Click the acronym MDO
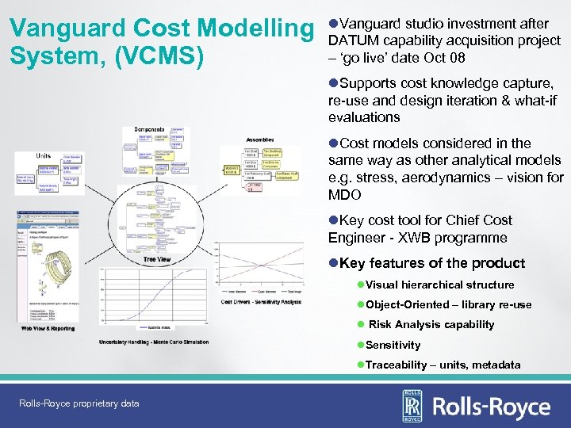coord(345,195)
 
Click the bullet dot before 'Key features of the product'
coord(333,263)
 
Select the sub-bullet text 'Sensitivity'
coord(393,345)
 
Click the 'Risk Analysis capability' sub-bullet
coord(431,324)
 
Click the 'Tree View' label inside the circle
coord(156,259)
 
